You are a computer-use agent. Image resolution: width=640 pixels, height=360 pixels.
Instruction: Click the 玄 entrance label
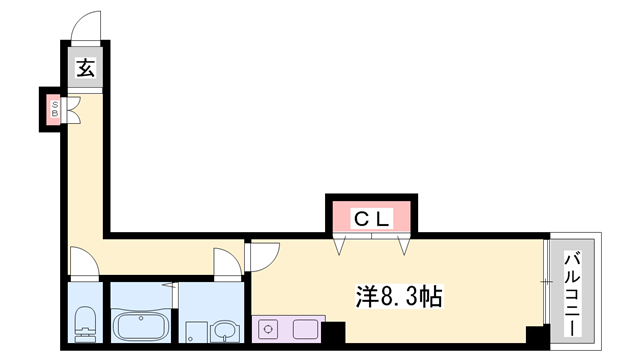[86, 69]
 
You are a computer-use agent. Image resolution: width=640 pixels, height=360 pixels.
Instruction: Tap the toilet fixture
[85, 323]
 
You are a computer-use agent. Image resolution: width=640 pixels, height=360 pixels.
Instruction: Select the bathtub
[141, 326]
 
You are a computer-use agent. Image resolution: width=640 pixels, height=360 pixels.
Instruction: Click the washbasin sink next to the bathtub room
[226, 330]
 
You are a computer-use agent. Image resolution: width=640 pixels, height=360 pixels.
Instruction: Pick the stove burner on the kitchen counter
[269, 328]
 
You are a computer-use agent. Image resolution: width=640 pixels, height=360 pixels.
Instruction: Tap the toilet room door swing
[86, 262]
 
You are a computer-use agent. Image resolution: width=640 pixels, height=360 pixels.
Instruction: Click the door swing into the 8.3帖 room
[263, 257]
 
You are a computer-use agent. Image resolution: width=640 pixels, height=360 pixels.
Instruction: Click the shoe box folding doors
[73, 109]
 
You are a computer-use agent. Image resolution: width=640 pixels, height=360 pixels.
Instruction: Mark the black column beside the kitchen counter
[331, 331]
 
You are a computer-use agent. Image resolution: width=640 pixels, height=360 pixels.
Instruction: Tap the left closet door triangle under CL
[346, 243]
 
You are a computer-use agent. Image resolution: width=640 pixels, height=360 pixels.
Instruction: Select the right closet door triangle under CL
[404, 243]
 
